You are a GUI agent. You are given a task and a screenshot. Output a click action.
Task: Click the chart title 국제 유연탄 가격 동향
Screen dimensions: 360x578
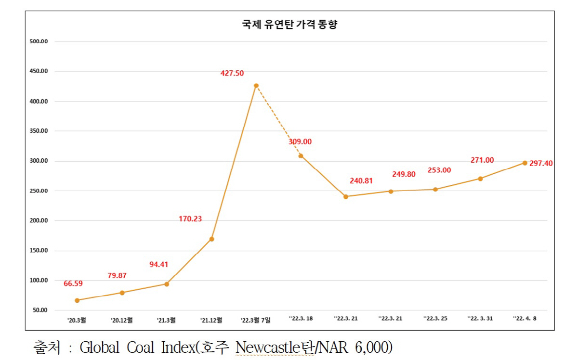click(289, 25)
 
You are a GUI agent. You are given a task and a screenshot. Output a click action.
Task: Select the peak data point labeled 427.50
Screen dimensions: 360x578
click(256, 86)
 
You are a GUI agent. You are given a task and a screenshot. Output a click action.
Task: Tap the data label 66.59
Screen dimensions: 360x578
click(74, 283)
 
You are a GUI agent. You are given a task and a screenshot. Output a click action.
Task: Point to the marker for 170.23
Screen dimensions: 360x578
click(211, 239)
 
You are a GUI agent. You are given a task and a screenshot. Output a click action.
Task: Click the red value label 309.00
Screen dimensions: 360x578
click(300, 141)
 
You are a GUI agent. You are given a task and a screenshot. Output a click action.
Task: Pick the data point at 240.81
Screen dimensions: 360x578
click(346, 196)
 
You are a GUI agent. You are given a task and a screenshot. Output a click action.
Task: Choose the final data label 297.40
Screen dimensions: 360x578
click(541, 163)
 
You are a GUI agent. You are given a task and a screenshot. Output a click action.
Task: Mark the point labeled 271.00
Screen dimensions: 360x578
click(480, 179)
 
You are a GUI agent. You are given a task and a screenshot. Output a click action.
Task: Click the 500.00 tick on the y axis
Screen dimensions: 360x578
click(39, 41)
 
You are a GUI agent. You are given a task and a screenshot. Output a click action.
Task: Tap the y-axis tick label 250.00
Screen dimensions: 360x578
click(39, 191)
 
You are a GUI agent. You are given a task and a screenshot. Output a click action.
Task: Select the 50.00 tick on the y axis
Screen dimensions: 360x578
click(40, 310)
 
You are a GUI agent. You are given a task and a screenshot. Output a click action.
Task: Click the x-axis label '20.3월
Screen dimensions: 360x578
click(77, 319)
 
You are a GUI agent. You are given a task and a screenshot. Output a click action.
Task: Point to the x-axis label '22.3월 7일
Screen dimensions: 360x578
click(255, 320)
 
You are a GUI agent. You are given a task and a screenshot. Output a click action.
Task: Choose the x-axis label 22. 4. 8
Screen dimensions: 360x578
click(525, 319)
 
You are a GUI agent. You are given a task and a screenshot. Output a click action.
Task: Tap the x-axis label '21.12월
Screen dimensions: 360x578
click(211, 319)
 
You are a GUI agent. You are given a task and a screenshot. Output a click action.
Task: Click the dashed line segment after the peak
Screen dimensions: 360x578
click(278, 121)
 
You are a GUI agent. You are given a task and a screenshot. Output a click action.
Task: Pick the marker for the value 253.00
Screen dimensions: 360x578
click(435, 189)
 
